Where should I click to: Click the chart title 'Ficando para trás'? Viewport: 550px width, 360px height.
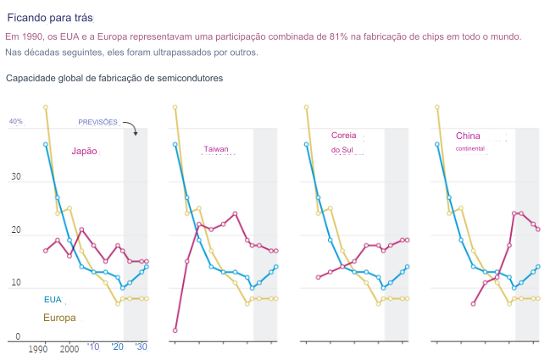tap(50, 17)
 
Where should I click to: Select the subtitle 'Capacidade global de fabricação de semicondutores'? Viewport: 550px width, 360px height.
tap(114, 78)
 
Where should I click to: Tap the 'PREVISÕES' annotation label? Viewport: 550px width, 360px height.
tap(97, 122)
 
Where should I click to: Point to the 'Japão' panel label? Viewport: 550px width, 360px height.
tap(84, 152)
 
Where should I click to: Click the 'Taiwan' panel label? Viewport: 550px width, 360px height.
tap(216, 148)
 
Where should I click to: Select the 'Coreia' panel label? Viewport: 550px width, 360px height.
tap(344, 136)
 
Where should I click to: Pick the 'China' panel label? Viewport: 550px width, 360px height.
tap(468, 136)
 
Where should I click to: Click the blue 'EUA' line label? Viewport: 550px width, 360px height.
tap(53, 299)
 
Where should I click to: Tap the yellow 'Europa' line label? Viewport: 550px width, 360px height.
tap(59, 318)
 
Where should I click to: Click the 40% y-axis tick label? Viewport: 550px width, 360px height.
tap(16, 122)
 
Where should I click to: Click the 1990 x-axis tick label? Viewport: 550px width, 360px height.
tap(38, 348)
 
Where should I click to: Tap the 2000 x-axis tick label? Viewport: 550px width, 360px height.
tap(69, 348)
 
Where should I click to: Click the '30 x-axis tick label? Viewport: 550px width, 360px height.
tap(142, 347)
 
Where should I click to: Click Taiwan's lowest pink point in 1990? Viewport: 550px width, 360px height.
tap(175, 330)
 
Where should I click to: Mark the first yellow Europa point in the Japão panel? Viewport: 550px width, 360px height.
tap(46, 108)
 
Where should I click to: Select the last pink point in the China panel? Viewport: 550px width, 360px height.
tap(538, 230)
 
